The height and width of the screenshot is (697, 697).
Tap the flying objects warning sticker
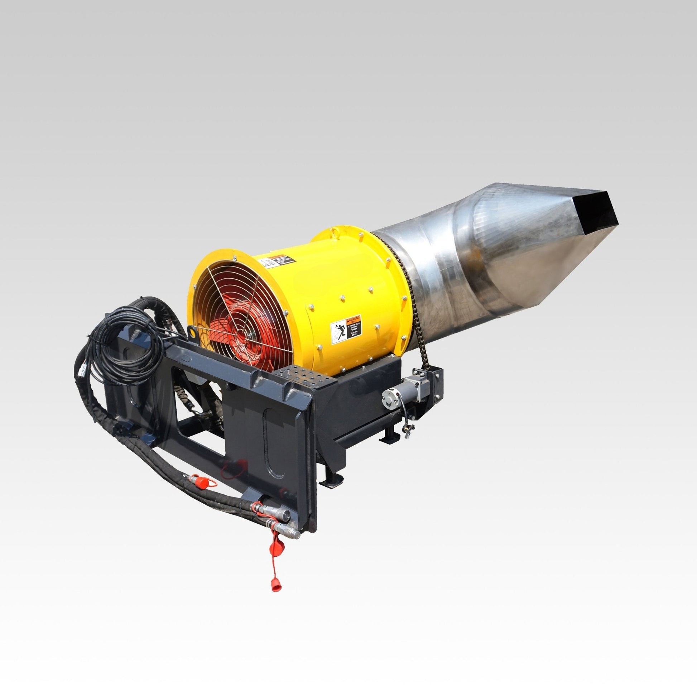click(346, 329)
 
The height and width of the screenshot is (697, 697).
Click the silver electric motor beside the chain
click(404, 393)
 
